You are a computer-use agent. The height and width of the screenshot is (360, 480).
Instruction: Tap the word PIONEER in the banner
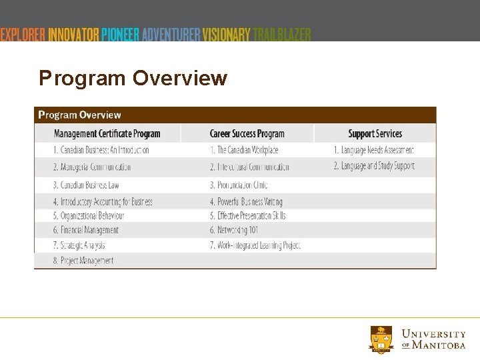pyautogui.click(x=120, y=34)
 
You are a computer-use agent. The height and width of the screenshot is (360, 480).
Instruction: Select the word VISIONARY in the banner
pyautogui.click(x=227, y=34)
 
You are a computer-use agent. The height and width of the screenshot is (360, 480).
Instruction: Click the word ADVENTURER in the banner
pyautogui.click(x=171, y=34)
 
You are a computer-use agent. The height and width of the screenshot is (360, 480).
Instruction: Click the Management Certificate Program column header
pyautogui.click(x=107, y=133)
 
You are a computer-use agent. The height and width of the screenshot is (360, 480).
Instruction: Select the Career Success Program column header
pyautogui.click(x=247, y=133)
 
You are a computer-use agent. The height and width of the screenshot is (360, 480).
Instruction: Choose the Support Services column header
pyautogui.click(x=375, y=133)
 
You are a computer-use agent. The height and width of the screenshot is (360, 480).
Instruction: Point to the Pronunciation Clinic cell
pyautogui.click(x=239, y=185)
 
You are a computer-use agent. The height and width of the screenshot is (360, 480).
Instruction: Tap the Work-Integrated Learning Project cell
pyautogui.click(x=255, y=245)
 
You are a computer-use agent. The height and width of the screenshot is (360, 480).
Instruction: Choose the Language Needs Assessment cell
pyautogui.click(x=373, y=150)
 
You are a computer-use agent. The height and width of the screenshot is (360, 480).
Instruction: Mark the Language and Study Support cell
pyautogui.click(x=373, y=166)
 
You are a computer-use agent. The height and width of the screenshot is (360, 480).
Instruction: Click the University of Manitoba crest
pyautogui.click(x=381, y=339)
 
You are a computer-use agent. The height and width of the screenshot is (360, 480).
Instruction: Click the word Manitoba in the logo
pyautogui.click(x=439, y=345)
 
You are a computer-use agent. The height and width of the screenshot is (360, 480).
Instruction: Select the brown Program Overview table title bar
pyautogui.click(x=235, y=115)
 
